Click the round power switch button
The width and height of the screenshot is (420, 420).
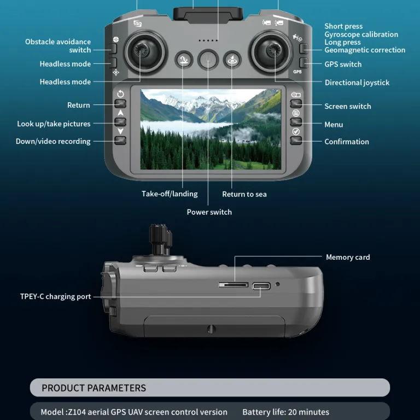point(208,60)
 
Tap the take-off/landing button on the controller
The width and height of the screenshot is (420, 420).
point(184,60)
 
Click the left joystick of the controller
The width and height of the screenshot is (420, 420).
point(145,52)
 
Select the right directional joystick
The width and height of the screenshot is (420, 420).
point(271,51)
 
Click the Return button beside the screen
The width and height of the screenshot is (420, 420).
point(120,104)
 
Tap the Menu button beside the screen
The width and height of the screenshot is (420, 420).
point(296,122)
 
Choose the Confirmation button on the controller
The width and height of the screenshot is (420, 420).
point(296,141)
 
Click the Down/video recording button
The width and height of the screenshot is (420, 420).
point(120,141)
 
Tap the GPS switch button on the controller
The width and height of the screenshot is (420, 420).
point(304,63)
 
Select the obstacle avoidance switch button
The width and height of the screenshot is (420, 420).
point(113,49)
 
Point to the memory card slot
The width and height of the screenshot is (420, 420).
point(234,285)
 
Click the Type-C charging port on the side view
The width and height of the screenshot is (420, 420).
point(261,286)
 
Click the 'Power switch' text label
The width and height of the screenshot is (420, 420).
point(209,212)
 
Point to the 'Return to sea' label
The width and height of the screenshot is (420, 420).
point(244,194)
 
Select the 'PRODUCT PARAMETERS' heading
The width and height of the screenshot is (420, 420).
point(94,388)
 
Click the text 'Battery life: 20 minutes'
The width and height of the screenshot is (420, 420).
point(286,412)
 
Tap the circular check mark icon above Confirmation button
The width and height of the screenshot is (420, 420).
point(296,131)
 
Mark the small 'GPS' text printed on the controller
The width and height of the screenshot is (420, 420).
point(297,72)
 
